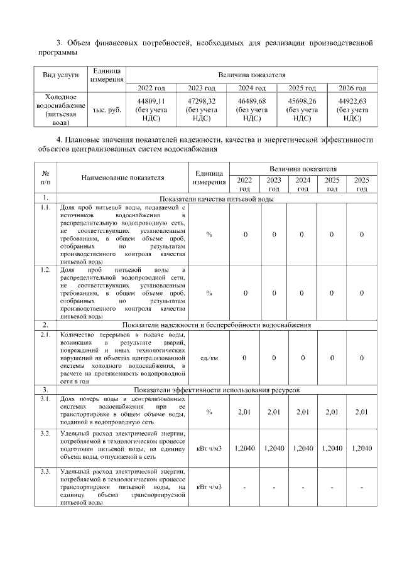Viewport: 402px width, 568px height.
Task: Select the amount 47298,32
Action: pos(201,100)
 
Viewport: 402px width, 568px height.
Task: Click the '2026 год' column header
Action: pos(352,88)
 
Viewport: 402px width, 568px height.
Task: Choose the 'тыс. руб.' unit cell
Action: pos(107,110)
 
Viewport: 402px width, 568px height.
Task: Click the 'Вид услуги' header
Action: pos(60,75)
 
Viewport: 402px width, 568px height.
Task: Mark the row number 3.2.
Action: pos(46,434)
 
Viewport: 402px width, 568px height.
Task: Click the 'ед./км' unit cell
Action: pos(209,358)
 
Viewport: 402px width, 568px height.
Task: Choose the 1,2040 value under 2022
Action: pos(244,448)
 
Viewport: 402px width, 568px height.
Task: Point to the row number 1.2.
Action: pos(46,270)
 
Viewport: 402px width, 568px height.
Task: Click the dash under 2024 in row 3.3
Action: pos(303,487)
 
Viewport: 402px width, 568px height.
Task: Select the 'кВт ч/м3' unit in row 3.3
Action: pos(209,487)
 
